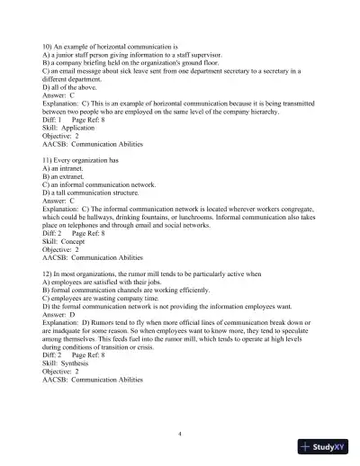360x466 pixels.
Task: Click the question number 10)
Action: pyautogui.click(x=49, y=45)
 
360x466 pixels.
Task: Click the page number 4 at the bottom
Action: pyautogui.click(x=181, y=434)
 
